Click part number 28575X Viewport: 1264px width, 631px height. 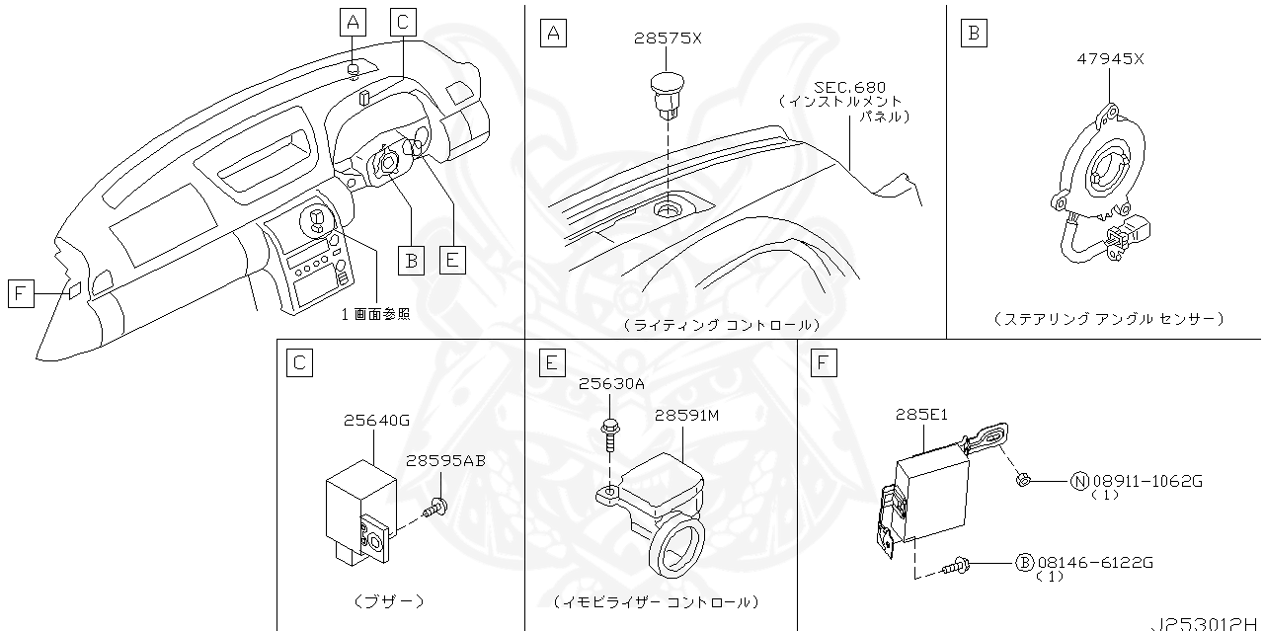[668, 39]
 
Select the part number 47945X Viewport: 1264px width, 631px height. [1110, 58]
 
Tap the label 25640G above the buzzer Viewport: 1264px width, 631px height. [376, 420]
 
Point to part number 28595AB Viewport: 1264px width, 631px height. [445, 460]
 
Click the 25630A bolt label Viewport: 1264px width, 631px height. [611, 383]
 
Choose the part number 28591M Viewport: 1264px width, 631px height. [686, 416]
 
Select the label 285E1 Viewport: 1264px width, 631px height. [921, 415]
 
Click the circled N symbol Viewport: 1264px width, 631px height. [1079, 481]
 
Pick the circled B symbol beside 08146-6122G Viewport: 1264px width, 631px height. [1025, 562]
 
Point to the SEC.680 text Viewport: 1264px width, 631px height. [850, 86]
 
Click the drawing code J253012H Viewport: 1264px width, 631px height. [1206, 623]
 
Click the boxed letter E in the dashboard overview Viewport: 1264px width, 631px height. [451, 260]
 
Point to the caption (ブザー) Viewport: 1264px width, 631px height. [388, 600]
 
